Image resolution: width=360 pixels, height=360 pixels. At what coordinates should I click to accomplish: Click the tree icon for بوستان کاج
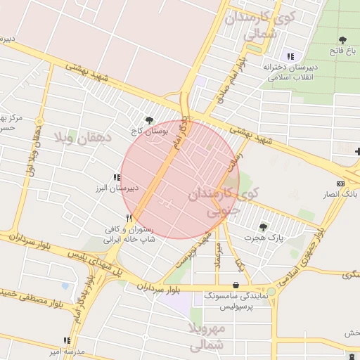tap(148, 120)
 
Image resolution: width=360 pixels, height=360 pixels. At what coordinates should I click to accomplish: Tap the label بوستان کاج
tap(146, 131)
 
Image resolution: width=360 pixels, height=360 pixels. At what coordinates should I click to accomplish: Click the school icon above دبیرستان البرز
tap(117, 178)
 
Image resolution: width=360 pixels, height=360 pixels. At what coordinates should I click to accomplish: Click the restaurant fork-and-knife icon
tap(129, 218)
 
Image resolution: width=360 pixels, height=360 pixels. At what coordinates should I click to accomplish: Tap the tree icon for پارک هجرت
tap(263, 227)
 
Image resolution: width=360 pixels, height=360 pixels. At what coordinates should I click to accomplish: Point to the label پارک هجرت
tap(263, 238)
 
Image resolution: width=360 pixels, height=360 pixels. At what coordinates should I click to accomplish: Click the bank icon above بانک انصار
tap(341, 183)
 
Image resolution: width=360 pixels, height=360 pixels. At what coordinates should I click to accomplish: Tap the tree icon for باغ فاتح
tap(342, 41)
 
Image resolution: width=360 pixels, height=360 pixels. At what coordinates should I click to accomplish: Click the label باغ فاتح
tap(342, 52)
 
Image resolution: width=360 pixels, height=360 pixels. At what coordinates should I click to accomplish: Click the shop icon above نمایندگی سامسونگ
tap(236, 285)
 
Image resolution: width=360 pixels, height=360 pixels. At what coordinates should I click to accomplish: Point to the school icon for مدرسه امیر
tap(67, 340)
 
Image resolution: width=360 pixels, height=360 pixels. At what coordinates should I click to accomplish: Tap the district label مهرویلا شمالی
tap(206, 337)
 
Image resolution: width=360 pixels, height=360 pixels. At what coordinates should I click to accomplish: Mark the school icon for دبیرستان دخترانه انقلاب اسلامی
tap(290, 56)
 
